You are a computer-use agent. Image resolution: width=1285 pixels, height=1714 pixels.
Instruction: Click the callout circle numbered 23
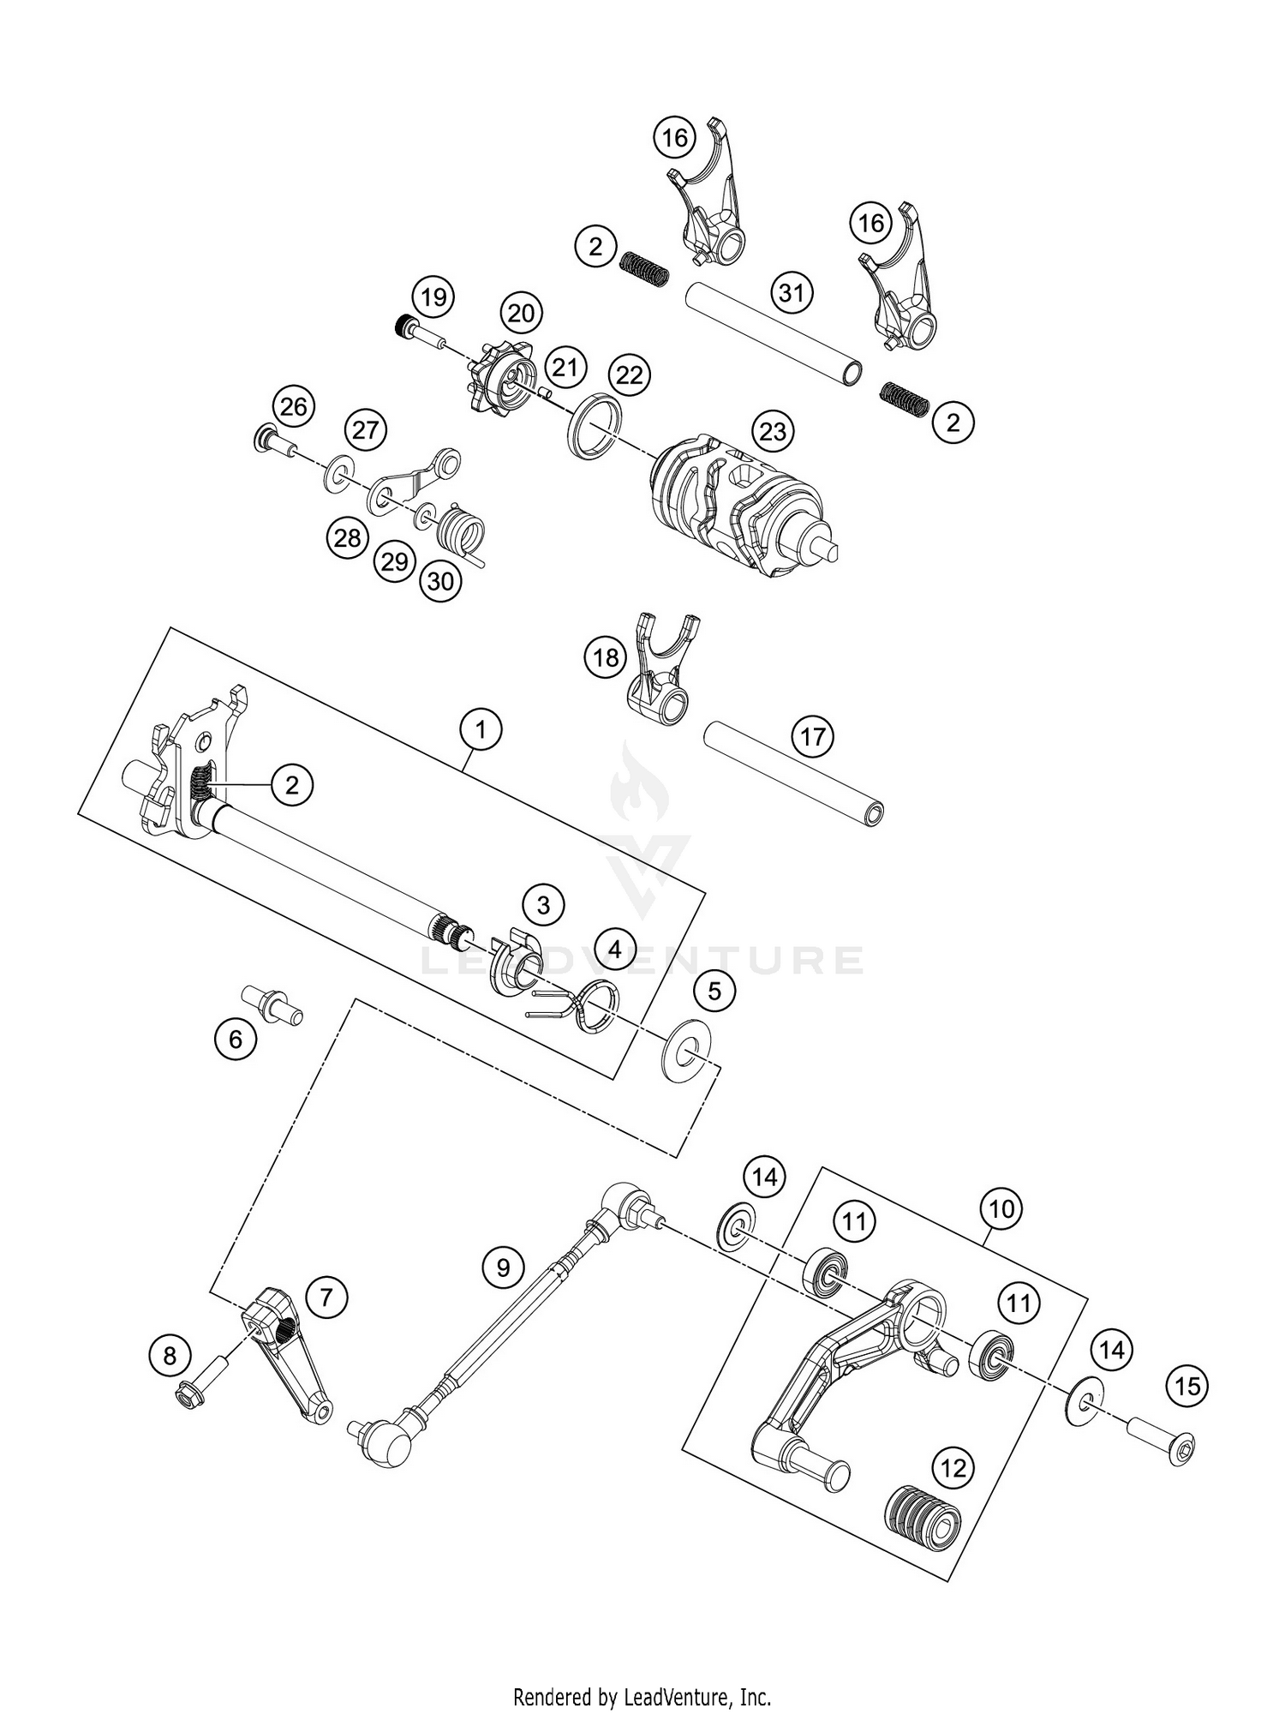[x=772, y=431]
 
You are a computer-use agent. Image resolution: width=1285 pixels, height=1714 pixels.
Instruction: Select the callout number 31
[x=791, y=294]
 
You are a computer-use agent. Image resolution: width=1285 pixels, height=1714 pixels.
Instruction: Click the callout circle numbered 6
[x=236, y=1040]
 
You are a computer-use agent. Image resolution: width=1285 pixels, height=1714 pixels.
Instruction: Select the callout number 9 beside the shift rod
[x=503, y=1267]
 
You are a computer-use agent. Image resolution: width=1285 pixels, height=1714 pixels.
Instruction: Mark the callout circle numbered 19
[x=433, y=297]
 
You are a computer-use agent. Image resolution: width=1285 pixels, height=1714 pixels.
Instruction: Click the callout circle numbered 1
[x=481, y=730]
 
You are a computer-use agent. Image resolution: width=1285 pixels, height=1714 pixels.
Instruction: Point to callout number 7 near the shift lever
[x=325, y=1297]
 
